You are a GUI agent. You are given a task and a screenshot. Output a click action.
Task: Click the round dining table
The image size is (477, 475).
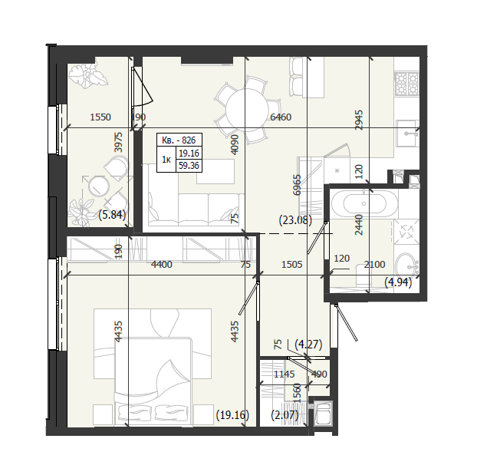[247, 110]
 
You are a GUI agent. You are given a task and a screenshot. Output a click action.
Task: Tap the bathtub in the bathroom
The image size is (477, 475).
[364, 203]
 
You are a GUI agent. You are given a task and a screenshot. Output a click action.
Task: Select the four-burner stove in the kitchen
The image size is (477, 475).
[406, 84]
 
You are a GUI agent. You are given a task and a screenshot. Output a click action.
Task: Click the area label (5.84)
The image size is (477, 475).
[112, 215]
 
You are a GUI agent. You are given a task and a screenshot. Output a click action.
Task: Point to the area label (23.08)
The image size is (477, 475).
[295, 219]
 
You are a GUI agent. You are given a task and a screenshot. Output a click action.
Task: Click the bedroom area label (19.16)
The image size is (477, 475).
[232, 414]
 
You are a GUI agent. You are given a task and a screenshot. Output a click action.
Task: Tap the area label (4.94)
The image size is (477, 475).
[398, 282]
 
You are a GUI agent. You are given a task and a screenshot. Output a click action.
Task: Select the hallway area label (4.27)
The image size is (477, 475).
[308, 345]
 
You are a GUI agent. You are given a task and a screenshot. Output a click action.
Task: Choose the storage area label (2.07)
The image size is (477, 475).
[285, 414]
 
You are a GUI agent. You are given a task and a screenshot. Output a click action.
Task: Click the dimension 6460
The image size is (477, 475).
[281, 117]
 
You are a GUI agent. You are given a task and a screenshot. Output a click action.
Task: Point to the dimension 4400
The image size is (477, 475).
[162, 264]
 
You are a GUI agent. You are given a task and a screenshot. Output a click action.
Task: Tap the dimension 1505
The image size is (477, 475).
[291, 264]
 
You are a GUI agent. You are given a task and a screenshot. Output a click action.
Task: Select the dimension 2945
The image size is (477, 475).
[359, 120]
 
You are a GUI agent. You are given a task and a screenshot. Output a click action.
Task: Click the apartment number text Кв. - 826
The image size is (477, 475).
[179, 140]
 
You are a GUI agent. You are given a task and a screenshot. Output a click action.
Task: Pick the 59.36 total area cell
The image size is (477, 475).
[189, 166]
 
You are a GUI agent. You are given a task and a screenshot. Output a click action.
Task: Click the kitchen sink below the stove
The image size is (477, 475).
[407, 133]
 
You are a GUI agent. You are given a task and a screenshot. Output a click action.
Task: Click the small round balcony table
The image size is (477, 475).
[99, 186]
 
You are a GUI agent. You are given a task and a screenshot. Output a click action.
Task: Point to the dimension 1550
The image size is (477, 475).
[100, 117]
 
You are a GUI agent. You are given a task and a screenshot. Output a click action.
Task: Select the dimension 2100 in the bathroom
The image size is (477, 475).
[374, 264]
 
